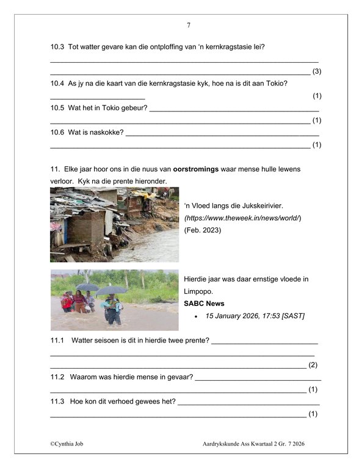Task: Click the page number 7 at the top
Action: (188, 25)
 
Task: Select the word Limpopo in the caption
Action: (199, 291)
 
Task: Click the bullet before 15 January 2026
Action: (196, 316)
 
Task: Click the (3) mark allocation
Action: (317, 71)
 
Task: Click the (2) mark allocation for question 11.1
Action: (313, 365)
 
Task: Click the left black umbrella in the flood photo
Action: (87, 286)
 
